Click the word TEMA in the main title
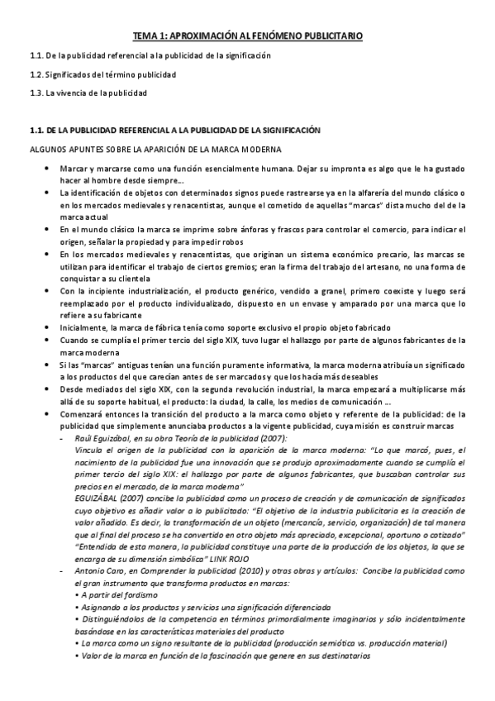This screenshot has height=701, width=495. [x=149, y=36]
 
